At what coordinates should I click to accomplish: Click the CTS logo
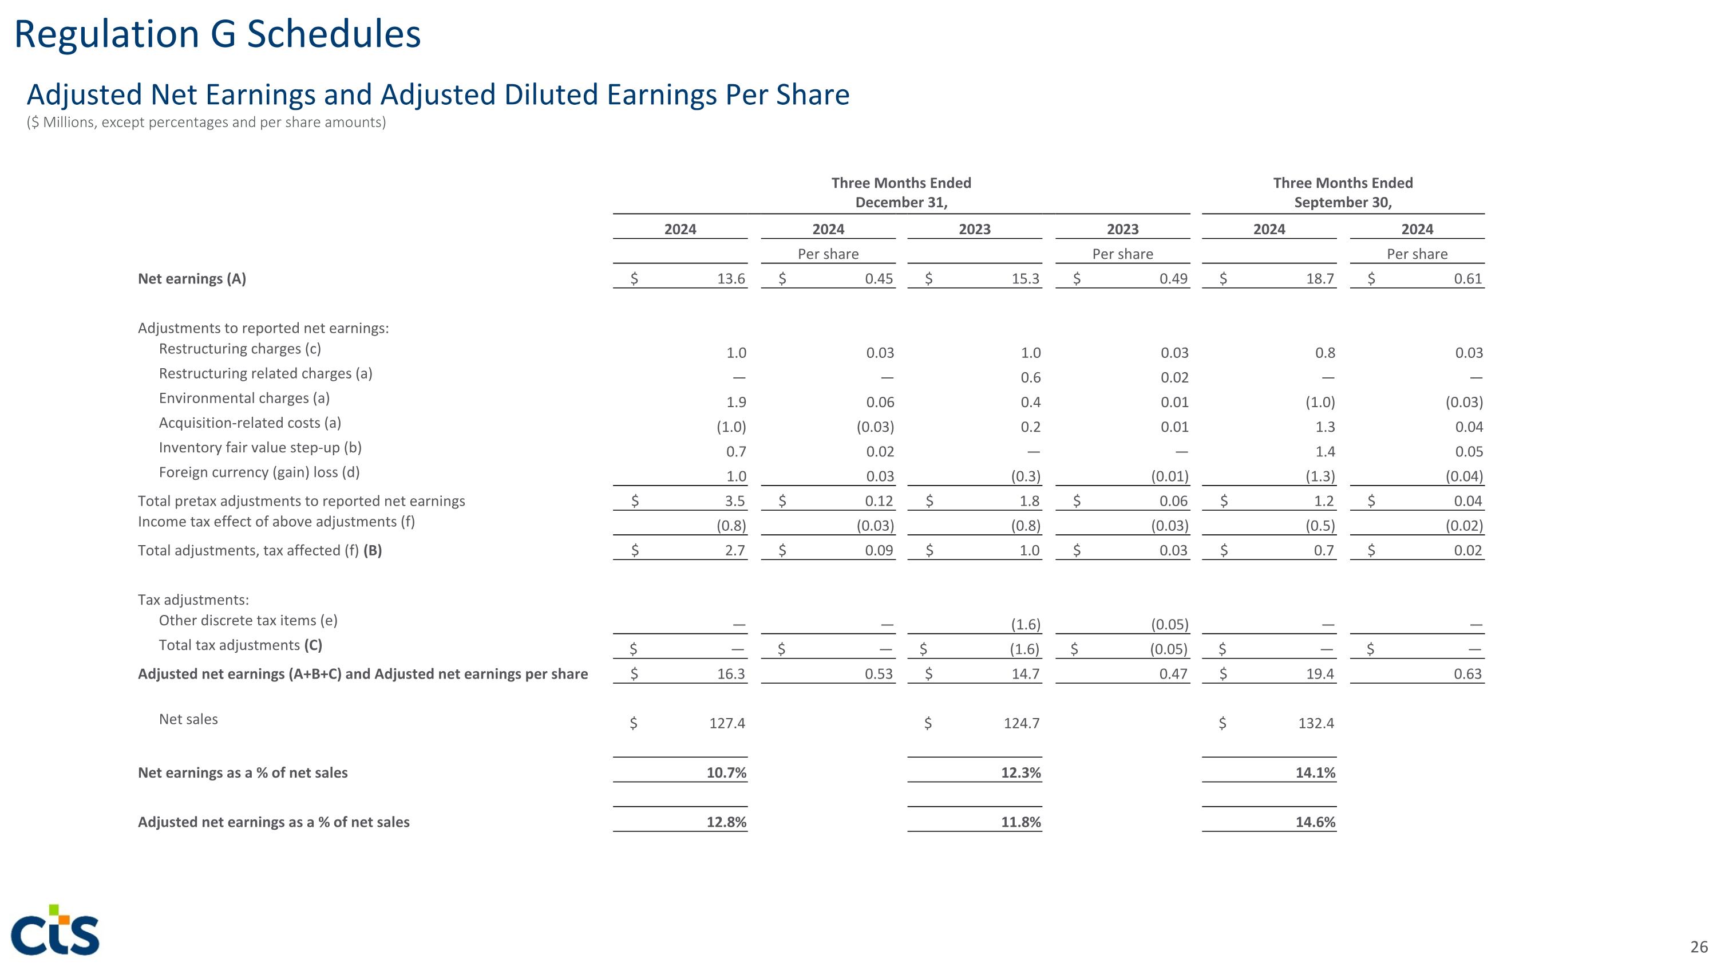coord(56,930)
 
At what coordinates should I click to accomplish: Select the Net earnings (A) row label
coord(192,279)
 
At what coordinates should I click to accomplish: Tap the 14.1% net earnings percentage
coord(1315,772)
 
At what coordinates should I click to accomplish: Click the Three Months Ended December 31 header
coord(901,192)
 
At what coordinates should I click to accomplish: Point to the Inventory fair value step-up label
coord(260,447)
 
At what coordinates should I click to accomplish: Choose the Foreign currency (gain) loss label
coord(259,472)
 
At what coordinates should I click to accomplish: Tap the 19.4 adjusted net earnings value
coord(1320,674)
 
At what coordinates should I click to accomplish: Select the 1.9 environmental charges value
coord(736,403)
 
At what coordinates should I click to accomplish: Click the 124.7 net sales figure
coord(1021,723)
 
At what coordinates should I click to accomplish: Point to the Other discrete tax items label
coord(248,620)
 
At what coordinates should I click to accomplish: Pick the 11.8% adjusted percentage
coord(1020,822)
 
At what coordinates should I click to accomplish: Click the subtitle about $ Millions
coord(206,123)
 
